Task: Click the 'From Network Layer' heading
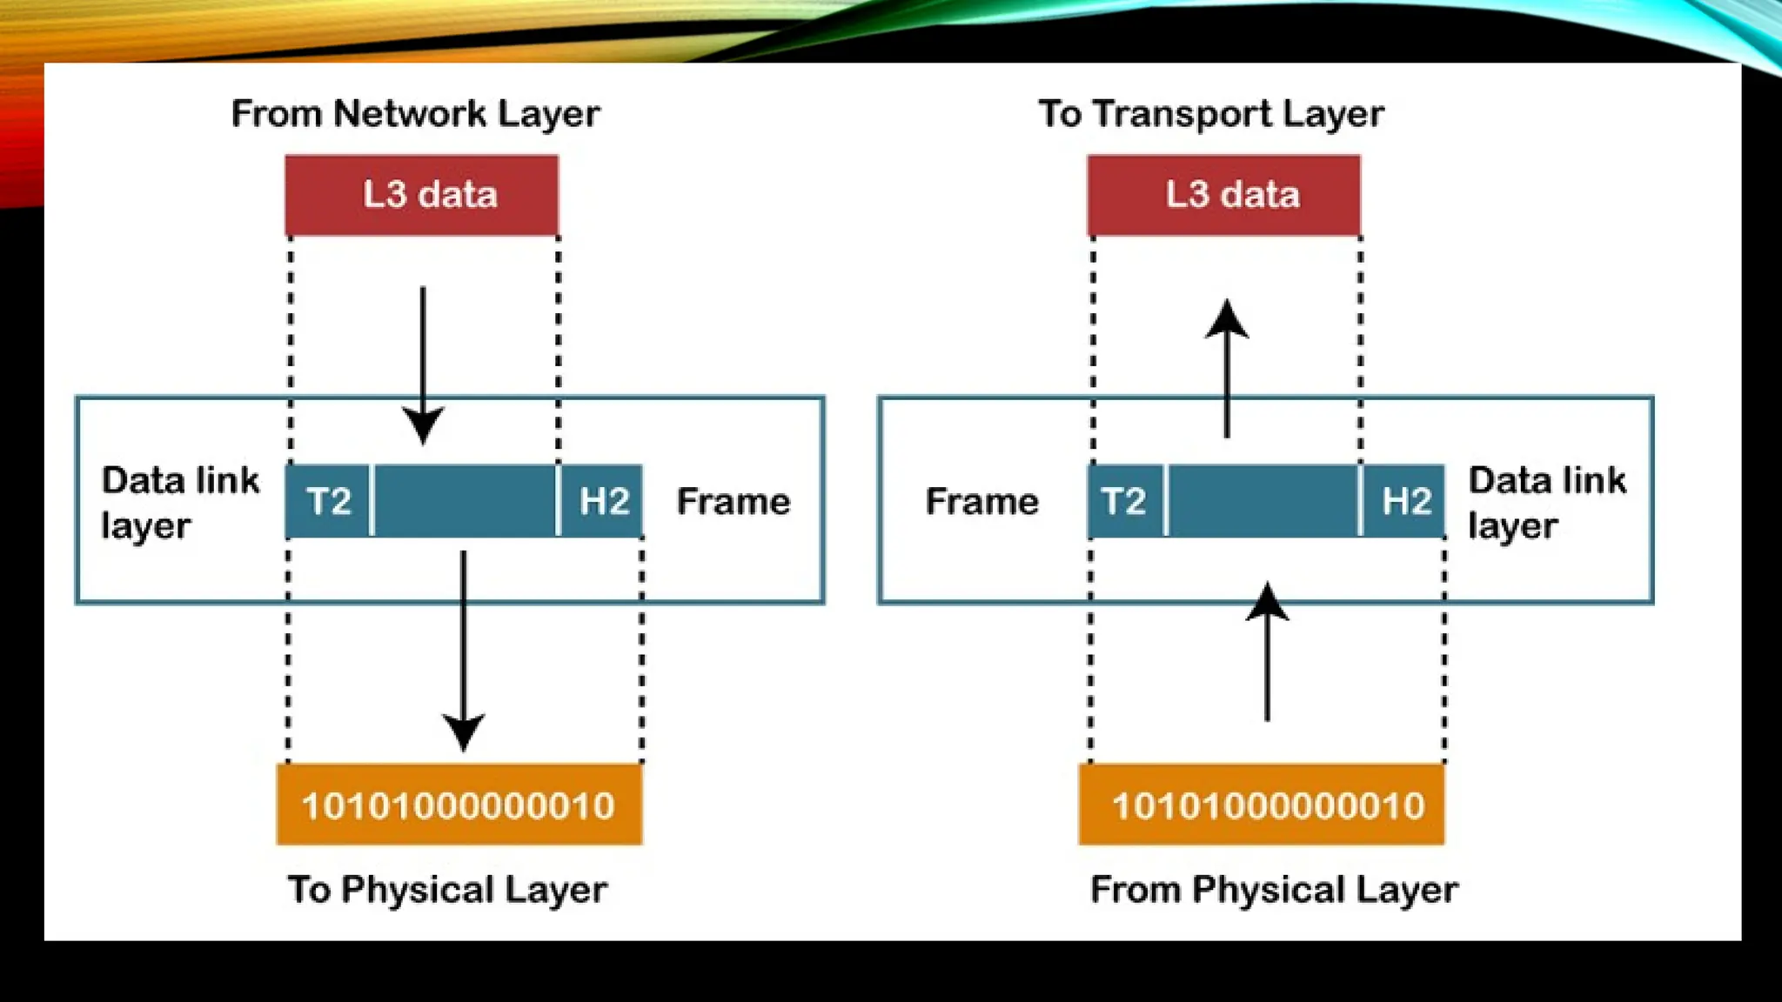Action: coord(415,114)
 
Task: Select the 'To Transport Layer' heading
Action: coord(1211,114)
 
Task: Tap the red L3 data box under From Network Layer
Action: coord(422,195)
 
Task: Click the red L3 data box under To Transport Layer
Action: coord(1223,195)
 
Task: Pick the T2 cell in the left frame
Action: coord(328,501)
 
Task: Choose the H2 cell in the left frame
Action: coord(602,501)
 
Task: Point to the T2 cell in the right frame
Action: coord(1125,501)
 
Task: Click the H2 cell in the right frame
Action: coord(1404,501)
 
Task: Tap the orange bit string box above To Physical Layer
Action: coord(459,805)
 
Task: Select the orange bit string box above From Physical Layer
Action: coord(1262,805)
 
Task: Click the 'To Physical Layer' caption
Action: coord(447,889)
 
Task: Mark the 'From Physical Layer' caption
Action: coord(1274,889)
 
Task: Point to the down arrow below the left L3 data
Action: coord(423,365)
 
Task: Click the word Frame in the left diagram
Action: coord(734,502)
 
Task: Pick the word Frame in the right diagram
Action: coord(981,502)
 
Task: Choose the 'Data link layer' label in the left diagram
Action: coord(179,503)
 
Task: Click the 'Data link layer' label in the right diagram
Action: coord(1546,503)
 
